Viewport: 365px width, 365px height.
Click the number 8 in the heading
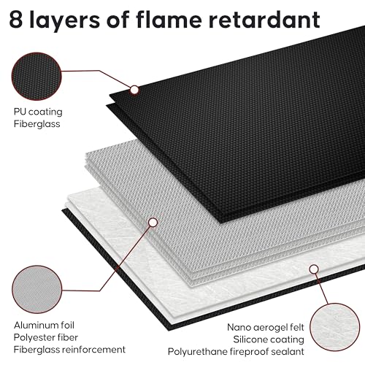pos(16,20)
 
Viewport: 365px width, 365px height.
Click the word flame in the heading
pos(169,19)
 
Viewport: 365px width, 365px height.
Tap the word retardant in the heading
pos(264,19)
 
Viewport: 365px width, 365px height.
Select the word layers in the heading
pos(64,20)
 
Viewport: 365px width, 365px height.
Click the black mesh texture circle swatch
pos(36,76)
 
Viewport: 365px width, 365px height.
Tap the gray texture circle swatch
pos(37,289)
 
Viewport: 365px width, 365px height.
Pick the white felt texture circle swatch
pos(335,327)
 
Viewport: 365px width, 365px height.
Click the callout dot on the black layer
pos(134,90)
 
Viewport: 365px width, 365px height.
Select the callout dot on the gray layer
pos(153,223)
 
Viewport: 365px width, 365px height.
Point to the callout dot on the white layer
pos(314,269)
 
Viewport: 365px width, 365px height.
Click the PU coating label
pos(38,112)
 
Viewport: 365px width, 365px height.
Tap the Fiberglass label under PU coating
pos(36,124)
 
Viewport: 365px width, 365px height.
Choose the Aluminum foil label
pos(44,326)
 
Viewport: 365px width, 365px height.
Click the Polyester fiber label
pos(46,337)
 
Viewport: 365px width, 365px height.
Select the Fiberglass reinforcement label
pos(69,350)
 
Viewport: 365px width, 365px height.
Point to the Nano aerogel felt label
pos(266,328)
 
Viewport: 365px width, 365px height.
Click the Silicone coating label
pos(269,339)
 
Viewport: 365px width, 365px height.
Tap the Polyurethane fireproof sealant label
pos(236,352)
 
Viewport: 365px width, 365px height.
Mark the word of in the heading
pos(118,19)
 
